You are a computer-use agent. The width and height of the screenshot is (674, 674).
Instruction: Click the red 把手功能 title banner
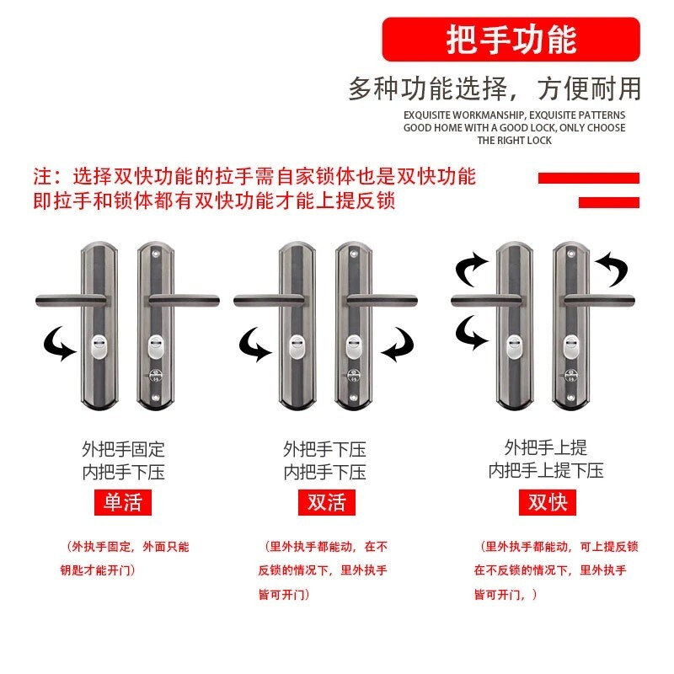pyautogui.click(x=511, y=39)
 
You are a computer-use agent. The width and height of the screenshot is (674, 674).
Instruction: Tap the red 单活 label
pyautogui.click(x=123, y=502)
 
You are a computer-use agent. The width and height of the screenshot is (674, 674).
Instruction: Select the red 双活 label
pyautogui.click(x=327, y=502)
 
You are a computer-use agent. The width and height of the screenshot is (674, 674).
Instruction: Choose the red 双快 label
pyautogui.click(x=548, y=502)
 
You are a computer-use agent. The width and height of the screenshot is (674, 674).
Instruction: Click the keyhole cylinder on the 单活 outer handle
pyautogui.click(x=99, y=348)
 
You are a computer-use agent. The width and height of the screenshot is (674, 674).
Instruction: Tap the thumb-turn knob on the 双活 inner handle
pyautogui.click(x=353, y=376)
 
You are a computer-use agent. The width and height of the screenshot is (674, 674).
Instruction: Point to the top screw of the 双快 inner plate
pyautogui.click(x=571, y=254)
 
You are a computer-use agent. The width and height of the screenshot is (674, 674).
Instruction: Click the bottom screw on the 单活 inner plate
pyautogui.click(x=156, y=398)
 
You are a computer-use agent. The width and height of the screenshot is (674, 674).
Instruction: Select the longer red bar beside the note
pyautogui.click(x=588, y=178)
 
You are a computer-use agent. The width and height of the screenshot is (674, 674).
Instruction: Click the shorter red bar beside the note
pyautogui.click(x=609, y=202)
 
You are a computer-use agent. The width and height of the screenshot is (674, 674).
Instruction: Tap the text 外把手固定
pyautogui.click(x=123, y=450)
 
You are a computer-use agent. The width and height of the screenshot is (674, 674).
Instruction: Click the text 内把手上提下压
pyautogui.click(x=546, y=471)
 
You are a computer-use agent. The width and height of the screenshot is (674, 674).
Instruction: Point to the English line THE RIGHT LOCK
pyautogui.click(x=514, y=141)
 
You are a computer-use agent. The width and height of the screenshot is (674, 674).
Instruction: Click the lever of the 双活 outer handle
pyautogui.click(x=270, y=301)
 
